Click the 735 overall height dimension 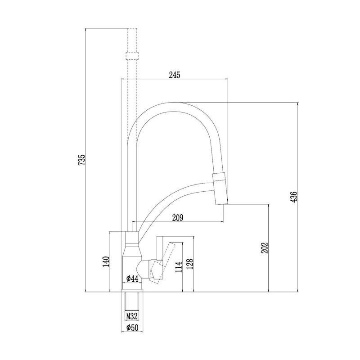[82, 160]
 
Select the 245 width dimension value [175, 75]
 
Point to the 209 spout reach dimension [178, 218]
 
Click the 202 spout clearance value [265, 248]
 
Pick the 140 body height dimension [106, 261]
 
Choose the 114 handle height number [179, 266]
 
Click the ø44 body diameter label [132, 279]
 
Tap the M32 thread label [132, 317]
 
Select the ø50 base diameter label [132, 328]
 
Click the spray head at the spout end [220, 188]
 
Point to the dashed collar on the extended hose [132, 56]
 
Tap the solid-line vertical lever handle [160, 257]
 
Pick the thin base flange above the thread [132, 291]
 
